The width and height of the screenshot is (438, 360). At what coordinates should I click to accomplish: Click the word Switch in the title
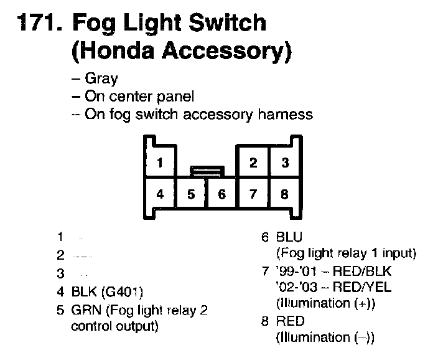[x=226, y=23]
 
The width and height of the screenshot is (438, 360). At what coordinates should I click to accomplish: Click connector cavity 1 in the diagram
[x=160, y=164]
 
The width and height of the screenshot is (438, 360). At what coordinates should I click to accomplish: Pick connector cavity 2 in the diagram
[x=253, y=164]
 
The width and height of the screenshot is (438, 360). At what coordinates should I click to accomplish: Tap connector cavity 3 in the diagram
[x=285, y=164]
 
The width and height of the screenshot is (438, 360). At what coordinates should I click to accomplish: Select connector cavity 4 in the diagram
[x=160, y=194]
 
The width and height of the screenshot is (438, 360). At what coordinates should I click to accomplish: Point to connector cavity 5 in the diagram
[x=191, y=194]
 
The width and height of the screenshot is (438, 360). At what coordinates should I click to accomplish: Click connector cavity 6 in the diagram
[x=222, y=194]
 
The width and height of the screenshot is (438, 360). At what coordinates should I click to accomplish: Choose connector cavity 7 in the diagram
[x=253, y=194]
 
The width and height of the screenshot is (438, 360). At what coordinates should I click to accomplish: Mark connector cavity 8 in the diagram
[x=285, y=194]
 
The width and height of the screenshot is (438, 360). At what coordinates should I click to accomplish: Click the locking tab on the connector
[x=206, y=169]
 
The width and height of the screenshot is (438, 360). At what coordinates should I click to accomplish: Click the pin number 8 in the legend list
[x=265, y=322]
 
